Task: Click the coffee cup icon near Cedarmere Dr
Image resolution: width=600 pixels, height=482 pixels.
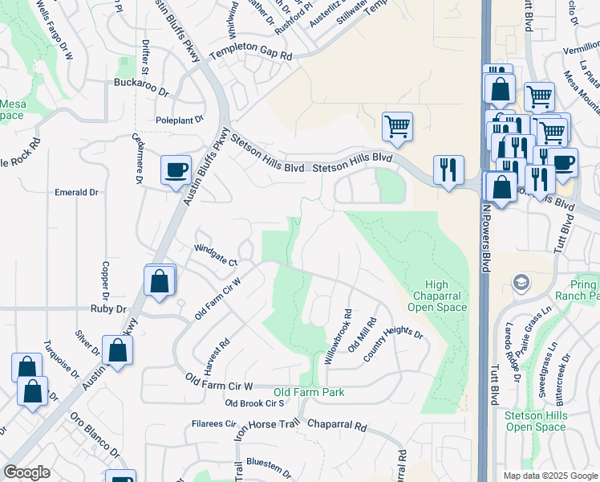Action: tap(176, 170)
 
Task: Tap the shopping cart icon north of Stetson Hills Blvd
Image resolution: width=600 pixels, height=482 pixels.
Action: tap(397, 126)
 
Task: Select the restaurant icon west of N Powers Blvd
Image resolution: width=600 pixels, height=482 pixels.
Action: tap(448, 170)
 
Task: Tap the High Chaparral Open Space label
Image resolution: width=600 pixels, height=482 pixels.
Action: tap(437, 296)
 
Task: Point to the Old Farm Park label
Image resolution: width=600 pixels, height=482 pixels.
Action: tap(309, 392)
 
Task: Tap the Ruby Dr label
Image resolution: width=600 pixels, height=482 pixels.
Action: tap(108, 308)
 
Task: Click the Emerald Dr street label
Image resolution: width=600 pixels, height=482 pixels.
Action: tap(75, 193)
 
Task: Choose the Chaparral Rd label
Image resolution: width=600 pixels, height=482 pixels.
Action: tap(336, 424)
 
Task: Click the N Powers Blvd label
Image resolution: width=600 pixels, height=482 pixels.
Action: tap(486, 238)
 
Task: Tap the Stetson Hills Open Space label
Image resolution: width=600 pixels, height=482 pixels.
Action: tap(536, 421)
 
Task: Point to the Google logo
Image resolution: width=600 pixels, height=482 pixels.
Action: tap(26, 472)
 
